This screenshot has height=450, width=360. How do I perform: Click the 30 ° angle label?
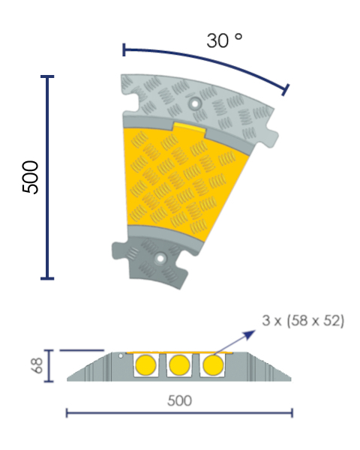pyautogui.click(x=224, y=40)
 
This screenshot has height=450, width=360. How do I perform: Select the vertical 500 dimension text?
pyautogui.click(x=31, y=177)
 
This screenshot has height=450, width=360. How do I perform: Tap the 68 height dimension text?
pyautogui.click(x=37, y=365)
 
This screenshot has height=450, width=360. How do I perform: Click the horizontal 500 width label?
pyautogui.click(x=179, y=400)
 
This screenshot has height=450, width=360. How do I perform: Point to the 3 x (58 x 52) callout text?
pyautogui.click(x=303, y=320)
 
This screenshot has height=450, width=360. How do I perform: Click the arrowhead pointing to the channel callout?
pyautogui.click(x=249, y=334)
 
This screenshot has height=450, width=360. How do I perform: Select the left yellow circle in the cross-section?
pyautogui.click(x=145, y=365)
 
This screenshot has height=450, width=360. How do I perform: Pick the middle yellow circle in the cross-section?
pyautogui.click(x=179, y=365)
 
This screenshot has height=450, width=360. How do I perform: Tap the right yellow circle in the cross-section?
pyautogui.click(x=213, y=365)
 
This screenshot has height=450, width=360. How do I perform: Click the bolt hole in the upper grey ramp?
pyautogui.click(x=195, y=103)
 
